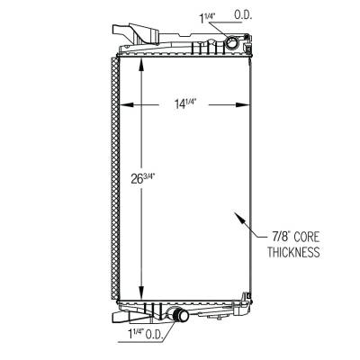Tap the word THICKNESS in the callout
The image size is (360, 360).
click(x=293, y=253)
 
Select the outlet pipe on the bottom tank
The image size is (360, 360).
click(x=176, y=316)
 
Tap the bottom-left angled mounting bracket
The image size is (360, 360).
click(x=124, y=317)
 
